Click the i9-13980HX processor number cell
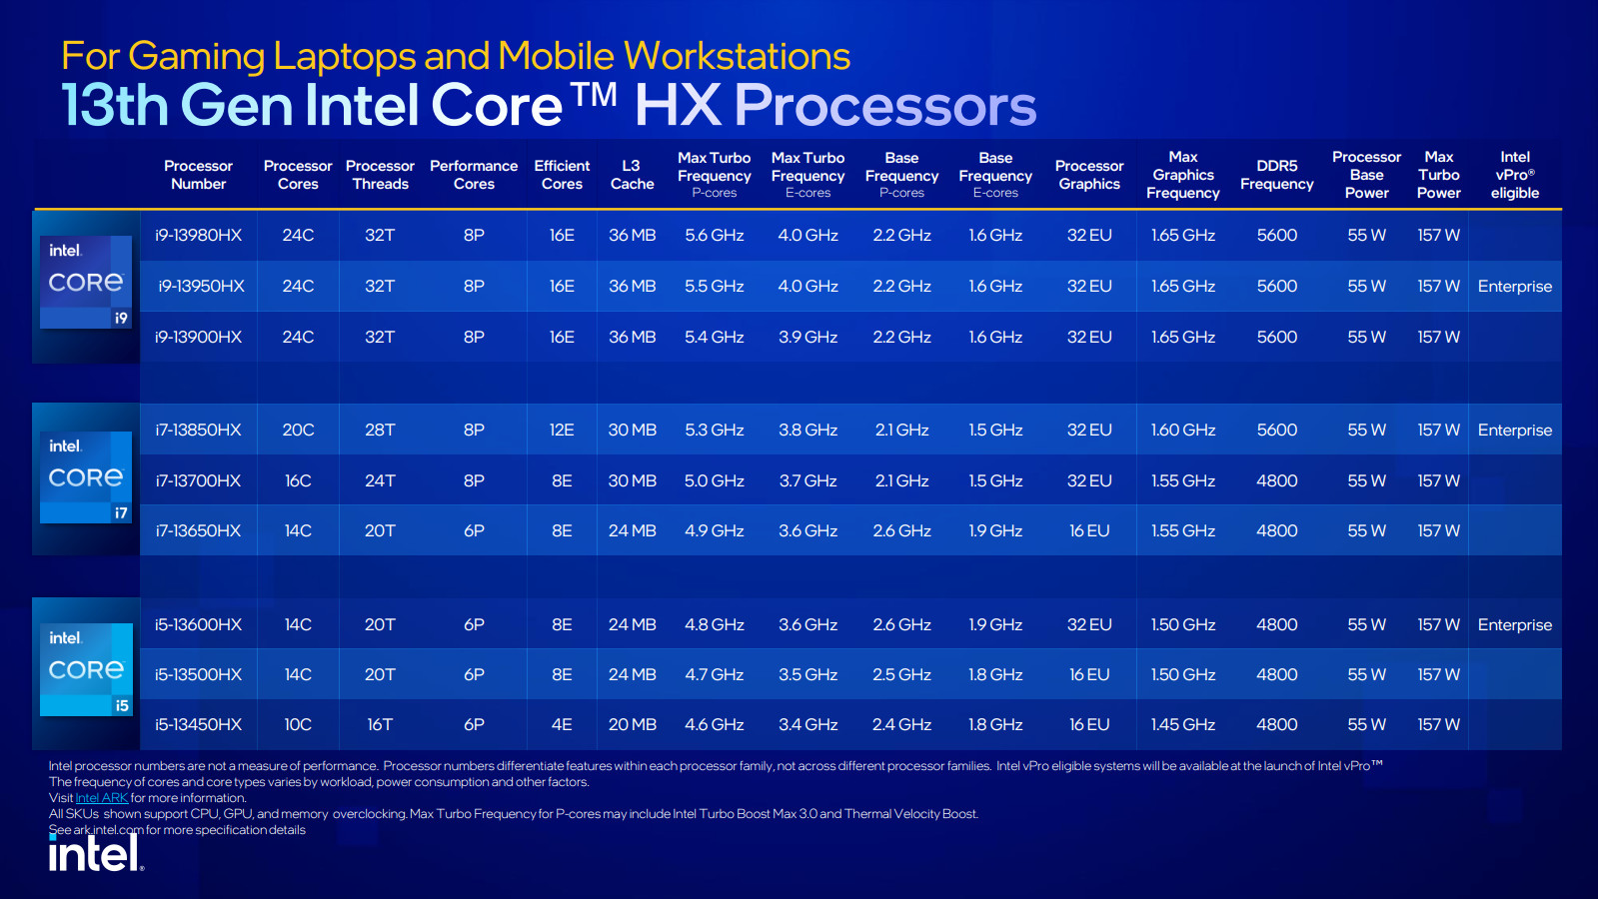pyautogui.click(x=198, y=236)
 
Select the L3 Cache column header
pyautogui.click(x=632, y=175)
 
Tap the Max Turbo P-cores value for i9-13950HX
pyautogui.click(x=714, y=287)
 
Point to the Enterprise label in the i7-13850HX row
pyautogui.click(x=1514, y=431)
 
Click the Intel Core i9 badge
pyautogui.click(x=86, y=283)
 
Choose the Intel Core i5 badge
pyautogui.click(x=86, y=669)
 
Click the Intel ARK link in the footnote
pyautogui.click(x=102, y=798)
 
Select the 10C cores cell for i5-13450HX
pyautogui.click(x=298, y=725)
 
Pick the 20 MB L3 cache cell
pyautogui.click(x=632, y=725)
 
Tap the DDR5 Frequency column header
pyautogui.click(x=1276, y=175)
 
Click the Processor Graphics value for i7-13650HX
pyautogui.click(x=1088, y=531)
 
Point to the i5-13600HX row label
pyautogui.click(x=198, y=625)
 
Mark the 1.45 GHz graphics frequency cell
pyautogui.click(x=1182, y=725)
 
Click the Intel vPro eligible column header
pyautogui.click(x=1514, y=175)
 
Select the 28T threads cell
pyautogui.click(x=380, y=431)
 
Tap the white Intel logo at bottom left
pyautogui.click(x=96, y=854)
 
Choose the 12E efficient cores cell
pyautogui.click(x=562, y=431)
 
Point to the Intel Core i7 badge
pyautogui.click(x=86, y=477)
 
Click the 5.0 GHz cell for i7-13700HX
pyautogui.click(x=714, y=481)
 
